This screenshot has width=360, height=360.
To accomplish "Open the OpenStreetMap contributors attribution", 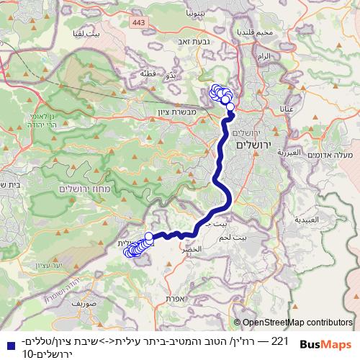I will (297, 323).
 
